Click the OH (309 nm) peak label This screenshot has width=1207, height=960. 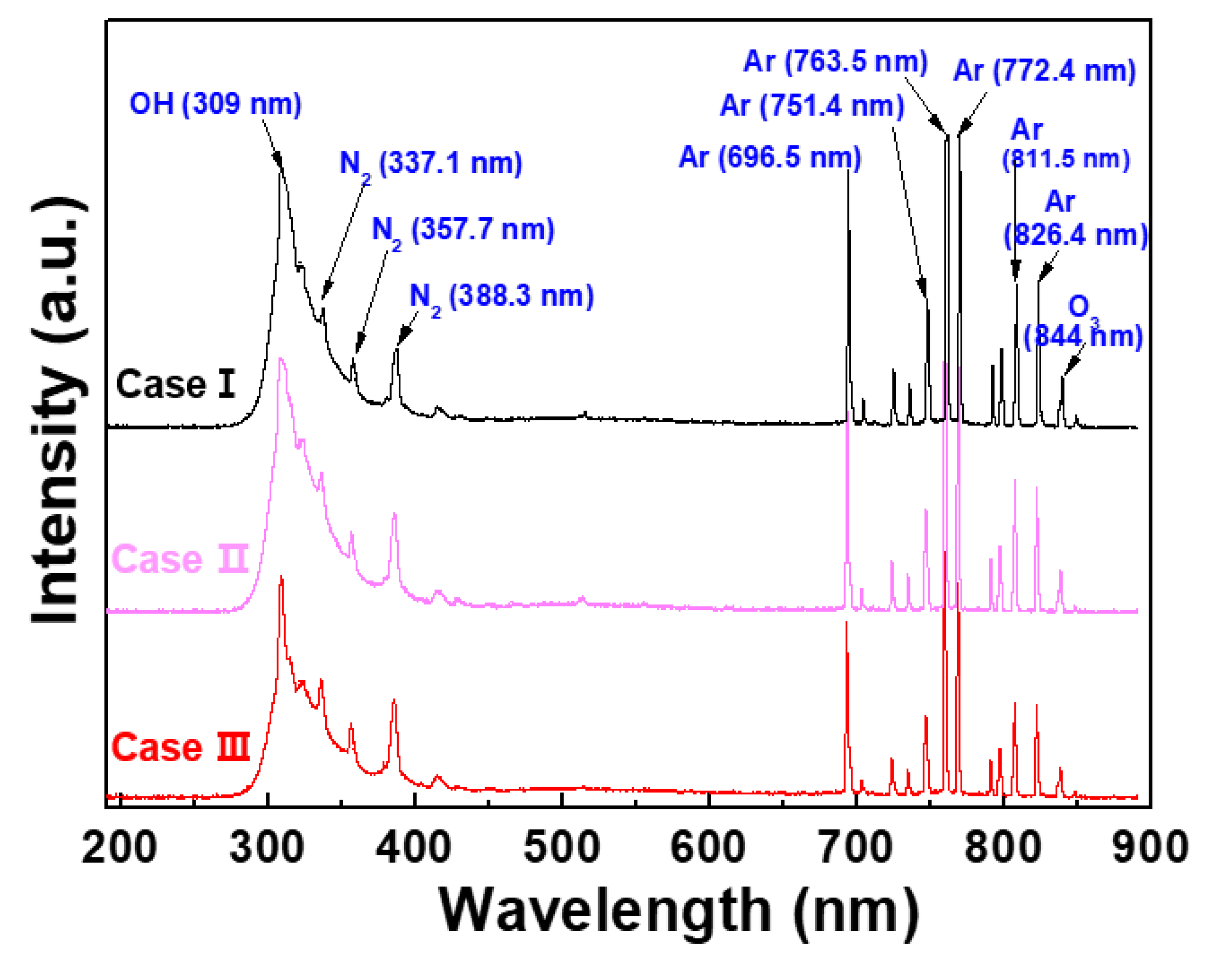[x=216, y=104]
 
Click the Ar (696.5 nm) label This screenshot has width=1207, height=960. [x=770, y=157]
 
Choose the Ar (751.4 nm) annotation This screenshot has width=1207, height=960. [x=812, y=106]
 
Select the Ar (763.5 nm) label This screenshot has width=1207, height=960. [x=835, y=62]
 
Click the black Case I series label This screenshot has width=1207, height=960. [x=175, y=385]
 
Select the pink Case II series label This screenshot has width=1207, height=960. [x=180, y=559]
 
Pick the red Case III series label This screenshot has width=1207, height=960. [x=180, y=747]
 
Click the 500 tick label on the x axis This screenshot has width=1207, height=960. [x=561, y=847]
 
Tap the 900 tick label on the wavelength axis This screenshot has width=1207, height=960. [x=1149, y=847]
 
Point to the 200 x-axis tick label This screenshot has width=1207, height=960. [x=119, y=847]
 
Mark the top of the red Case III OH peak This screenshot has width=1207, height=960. [x=281, y=577]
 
